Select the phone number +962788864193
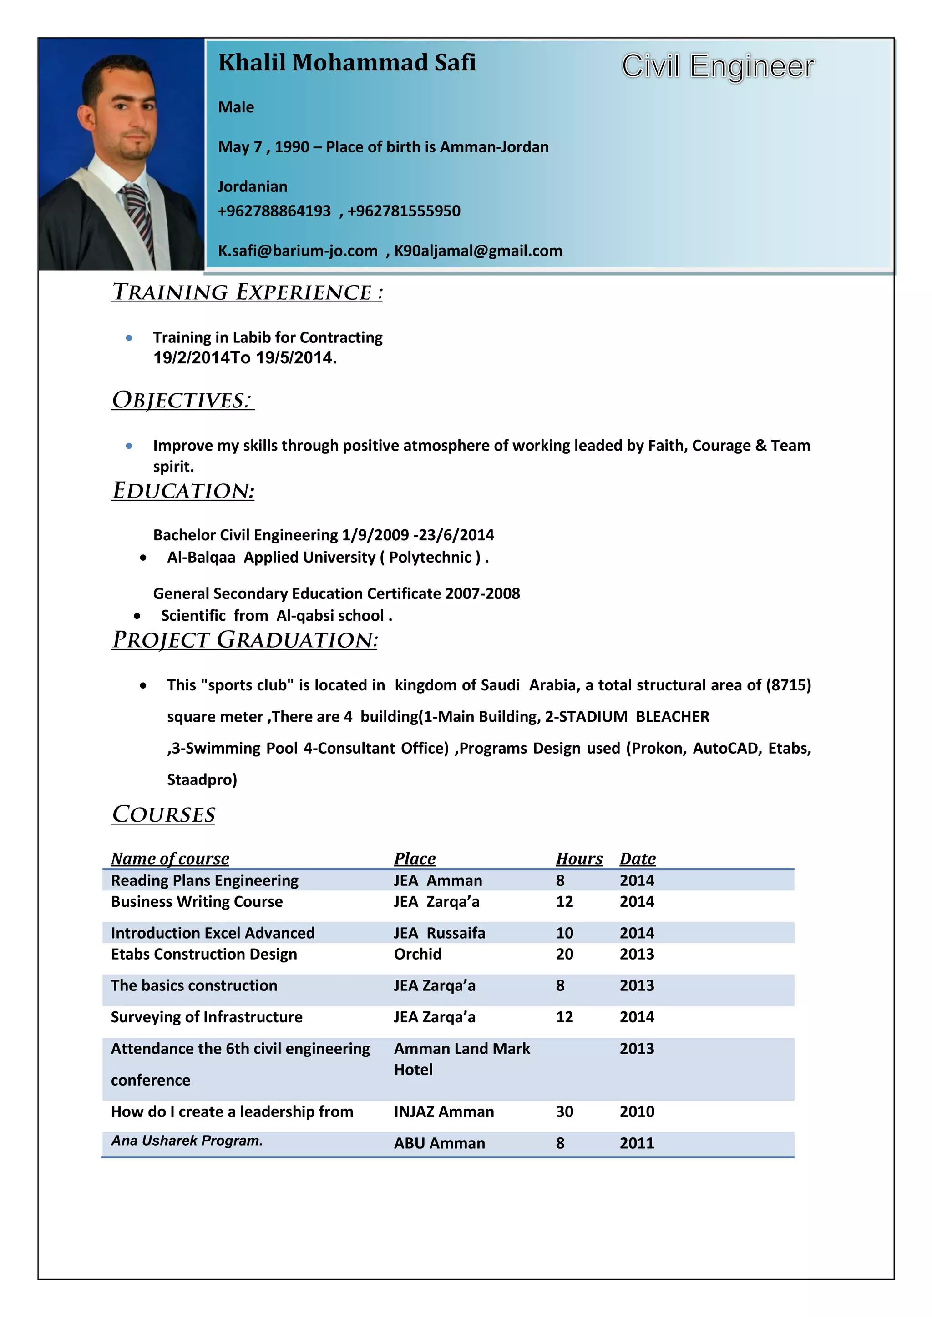click(274, 211)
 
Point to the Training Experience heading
click(248, 292)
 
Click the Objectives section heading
click(182, 400)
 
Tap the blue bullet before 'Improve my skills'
click(129, 446)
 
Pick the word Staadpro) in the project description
click(202, 779)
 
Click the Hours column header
click(578, 859)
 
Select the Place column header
click(415, 859)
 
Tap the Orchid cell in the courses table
click(417, 954)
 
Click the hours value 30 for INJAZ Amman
click(564, 1111)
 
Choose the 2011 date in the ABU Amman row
click(637, 1143)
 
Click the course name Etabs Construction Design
click(204, 954)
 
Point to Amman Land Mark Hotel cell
click(461, 1059)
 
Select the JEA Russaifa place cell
click(439, 933)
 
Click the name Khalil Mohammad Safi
click(347, 62)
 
